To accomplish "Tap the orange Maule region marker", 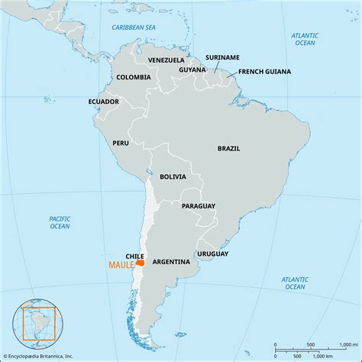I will point(140,263).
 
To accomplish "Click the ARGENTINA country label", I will point(171,262).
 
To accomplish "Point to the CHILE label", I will point(135,256).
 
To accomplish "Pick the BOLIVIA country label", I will point(173,176).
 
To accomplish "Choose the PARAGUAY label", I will point(198,206).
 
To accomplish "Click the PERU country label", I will point(121,143).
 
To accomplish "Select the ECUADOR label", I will point(103,102).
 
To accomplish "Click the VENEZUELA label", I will point(166,60).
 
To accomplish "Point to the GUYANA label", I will point(192,69).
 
